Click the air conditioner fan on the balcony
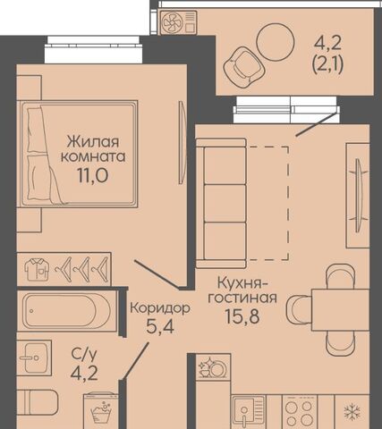[x=173, y=22]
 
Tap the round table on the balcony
[x=276, y=42]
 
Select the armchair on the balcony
[x=243, y=68]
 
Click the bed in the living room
[x=78, y=154]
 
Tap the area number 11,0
[x=93, y=175]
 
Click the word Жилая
[x=93, y=142]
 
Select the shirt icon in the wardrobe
[x=37, y=270]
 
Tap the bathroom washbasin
[x=35, y=357]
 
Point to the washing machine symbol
[x=101, y=411]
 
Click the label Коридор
[x=160, y=308]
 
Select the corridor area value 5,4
[x=160, y=327]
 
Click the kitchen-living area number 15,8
[x=242, y=316]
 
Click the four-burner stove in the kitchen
[x=300, y=413]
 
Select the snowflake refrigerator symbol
[x=352, y=412]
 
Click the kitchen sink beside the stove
[x=248, y=413]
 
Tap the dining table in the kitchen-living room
[x=334, y=309]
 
